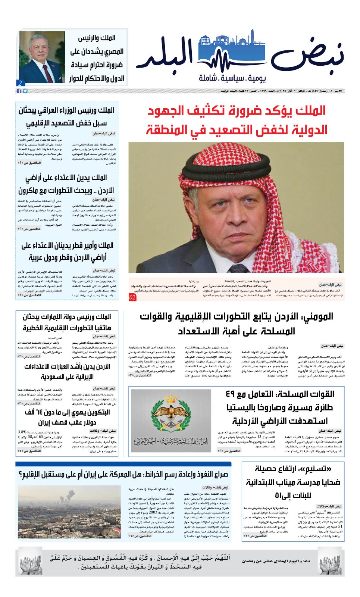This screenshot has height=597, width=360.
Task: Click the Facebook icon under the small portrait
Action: (x=19, y=91)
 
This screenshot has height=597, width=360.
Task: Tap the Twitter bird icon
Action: (x=25, y=91)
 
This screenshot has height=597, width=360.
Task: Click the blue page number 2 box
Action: (x=20, y=83)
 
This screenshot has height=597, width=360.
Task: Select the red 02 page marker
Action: (x=132, y=297)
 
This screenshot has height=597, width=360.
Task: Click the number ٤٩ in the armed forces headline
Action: (x=233, y=394)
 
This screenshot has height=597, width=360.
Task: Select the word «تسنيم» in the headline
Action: (x=313, y=469)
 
